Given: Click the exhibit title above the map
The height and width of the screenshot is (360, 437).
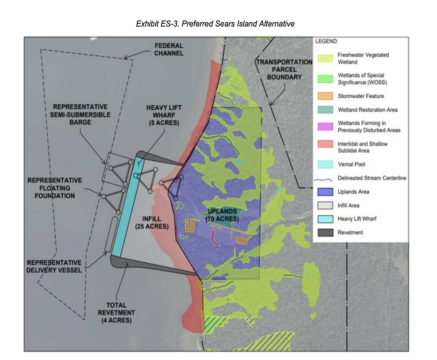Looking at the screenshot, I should point(215,24).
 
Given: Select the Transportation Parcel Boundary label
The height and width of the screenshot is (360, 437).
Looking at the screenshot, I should point(284,69).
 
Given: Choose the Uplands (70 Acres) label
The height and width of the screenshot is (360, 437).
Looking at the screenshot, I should point(223,216).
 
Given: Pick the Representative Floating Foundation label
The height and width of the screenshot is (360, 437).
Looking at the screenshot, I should point(54,188).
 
